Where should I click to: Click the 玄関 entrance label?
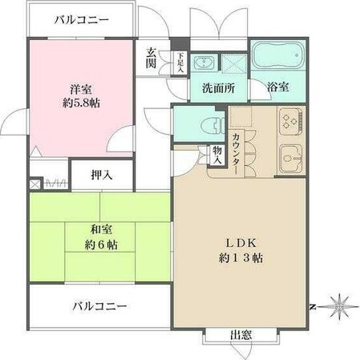point(151,59)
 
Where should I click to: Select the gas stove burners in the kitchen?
point(288,122)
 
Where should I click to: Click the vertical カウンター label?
point(237,149)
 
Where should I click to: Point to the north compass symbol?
point(341,305)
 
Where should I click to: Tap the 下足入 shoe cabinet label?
point(180,63)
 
